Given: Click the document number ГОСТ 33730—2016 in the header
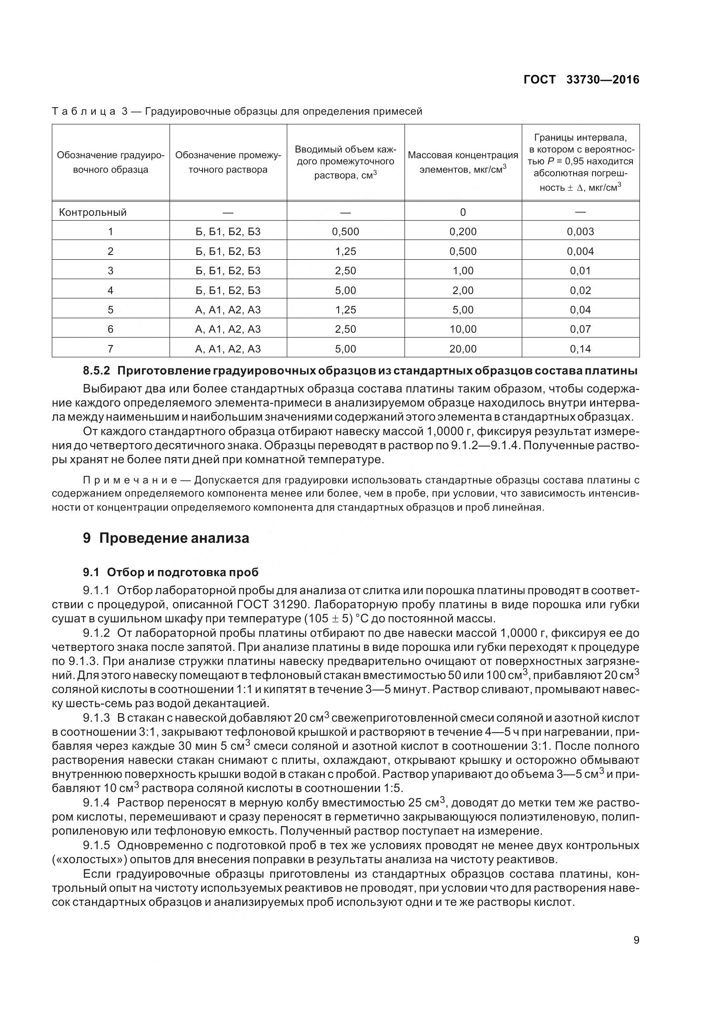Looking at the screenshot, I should [581, 80].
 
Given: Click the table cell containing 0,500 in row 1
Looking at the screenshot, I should [345, 232].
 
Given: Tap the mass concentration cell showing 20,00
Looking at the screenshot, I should [463, 349].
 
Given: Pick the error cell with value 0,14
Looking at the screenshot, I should [580, 349].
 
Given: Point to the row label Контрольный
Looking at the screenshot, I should [93, 212].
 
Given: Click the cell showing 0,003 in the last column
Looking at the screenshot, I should [580, 232].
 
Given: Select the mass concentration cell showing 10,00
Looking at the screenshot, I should [463, 329].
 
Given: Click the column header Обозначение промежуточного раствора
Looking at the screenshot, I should [228, 163].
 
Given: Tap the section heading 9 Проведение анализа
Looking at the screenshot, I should [166, 538].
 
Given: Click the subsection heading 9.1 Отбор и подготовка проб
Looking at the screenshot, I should [170, 572].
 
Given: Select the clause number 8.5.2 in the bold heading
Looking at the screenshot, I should [96, 371].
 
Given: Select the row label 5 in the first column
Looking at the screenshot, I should [111, 310].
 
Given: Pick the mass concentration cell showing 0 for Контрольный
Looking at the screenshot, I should [463, 212].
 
